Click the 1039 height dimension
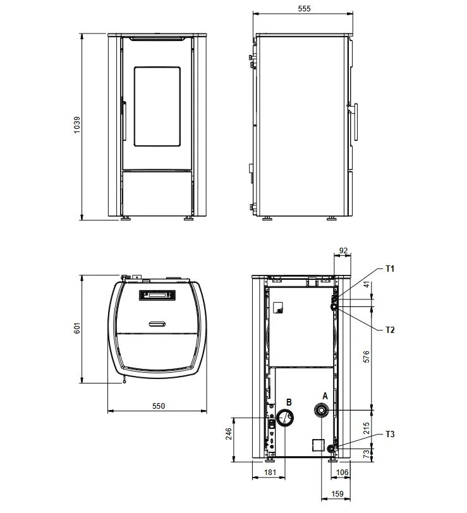coord(76,124)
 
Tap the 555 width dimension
coord(304,8)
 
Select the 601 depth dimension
coord(77,328)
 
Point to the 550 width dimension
coord(159,406)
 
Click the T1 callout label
coord(390,269)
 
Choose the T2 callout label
coord(390,330)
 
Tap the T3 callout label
coord(390,434)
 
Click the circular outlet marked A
coord(321,410)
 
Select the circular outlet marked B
coord(285,418)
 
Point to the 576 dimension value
coord(366,356)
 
